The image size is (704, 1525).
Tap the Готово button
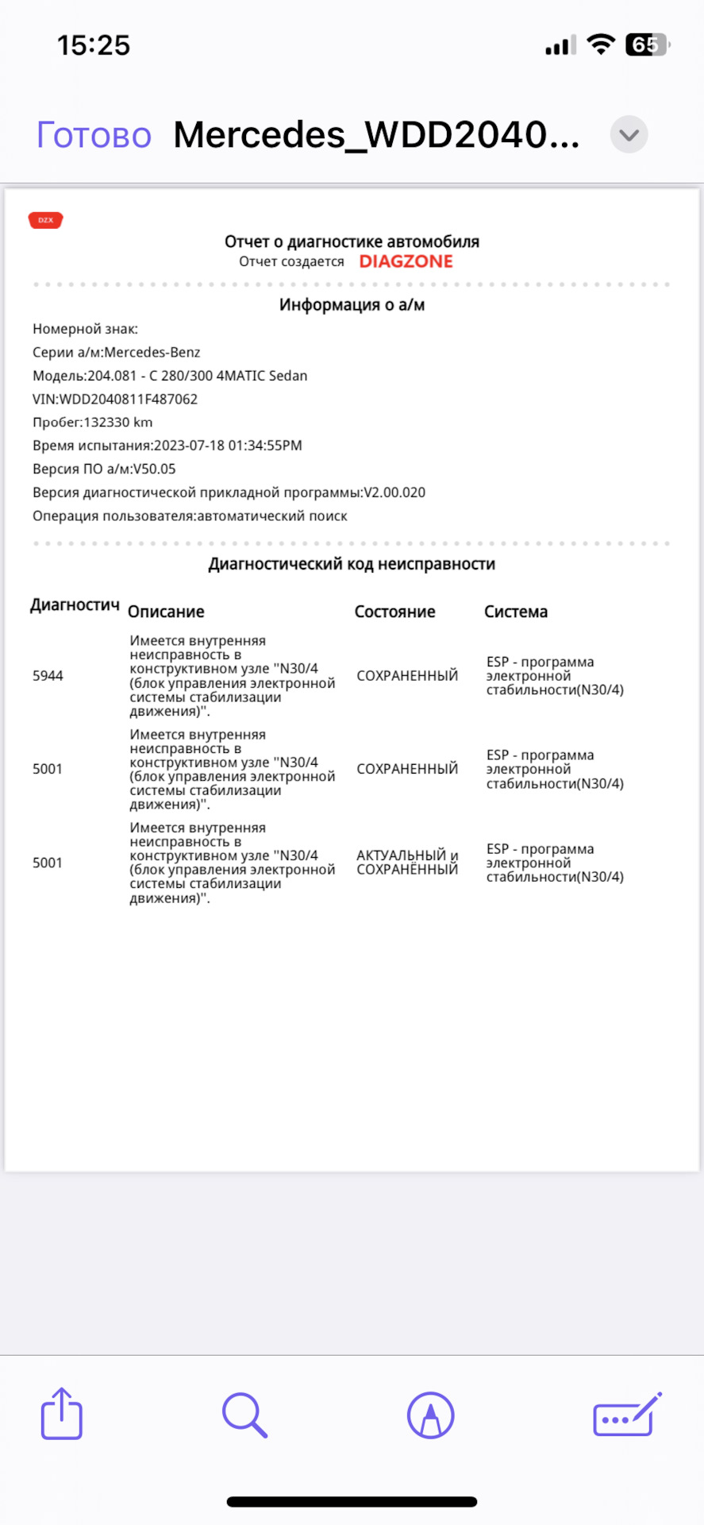(x=94, y=136)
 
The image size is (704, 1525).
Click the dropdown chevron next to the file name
(x=629, y=135)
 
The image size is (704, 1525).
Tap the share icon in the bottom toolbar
(x=62, y=1414)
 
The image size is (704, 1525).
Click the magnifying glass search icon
(x=244, y=1415)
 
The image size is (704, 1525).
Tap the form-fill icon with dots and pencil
(x=627, y=1415)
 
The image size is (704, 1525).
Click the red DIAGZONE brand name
(x=406, y=261)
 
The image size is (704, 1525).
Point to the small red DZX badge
(x=46, y=220)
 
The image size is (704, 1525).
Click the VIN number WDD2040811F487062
(x=129, y=400)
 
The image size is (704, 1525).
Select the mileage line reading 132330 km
(x=93, y=423)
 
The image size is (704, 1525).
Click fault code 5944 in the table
(x=48, y=676)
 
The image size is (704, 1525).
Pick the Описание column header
(x=166, y=612)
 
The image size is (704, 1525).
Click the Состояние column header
(x=394, y=612)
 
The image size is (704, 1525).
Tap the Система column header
(x=516, y=612)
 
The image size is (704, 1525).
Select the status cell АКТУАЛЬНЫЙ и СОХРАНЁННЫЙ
(x=407, y=863)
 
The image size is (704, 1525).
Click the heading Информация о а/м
(x=352, y=305)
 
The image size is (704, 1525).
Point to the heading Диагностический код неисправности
(x=352, y=564)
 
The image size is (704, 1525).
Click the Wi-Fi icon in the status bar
(x=601, y=44)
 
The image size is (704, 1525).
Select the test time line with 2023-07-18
(x=167, y=446)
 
